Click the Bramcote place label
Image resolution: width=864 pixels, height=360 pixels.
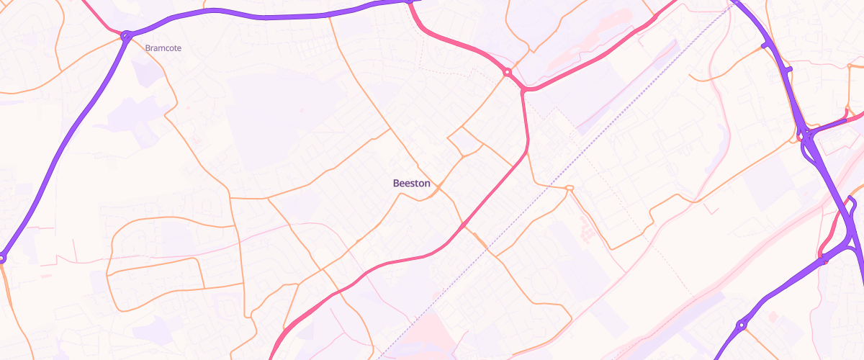pos(163,48)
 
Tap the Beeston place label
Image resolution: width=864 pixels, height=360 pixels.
pos(412,184)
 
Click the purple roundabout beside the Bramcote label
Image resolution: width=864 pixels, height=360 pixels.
pos(127,35)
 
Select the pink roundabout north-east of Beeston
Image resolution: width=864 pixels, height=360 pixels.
pos(508,73)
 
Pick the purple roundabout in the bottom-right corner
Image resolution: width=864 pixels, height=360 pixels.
pos(741,325)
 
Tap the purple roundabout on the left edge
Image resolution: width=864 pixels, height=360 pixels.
pos(2,257)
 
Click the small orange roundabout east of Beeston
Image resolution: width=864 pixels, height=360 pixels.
pos(570,189)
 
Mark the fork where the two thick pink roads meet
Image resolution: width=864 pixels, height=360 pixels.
pos(524,90)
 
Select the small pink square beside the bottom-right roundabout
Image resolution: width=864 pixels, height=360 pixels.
pos(773,316)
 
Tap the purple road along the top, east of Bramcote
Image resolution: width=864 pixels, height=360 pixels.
pos(266,16)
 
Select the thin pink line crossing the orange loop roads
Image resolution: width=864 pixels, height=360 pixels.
pos(180,252)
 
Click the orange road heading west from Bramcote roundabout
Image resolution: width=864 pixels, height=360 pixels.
pos(58,72)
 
